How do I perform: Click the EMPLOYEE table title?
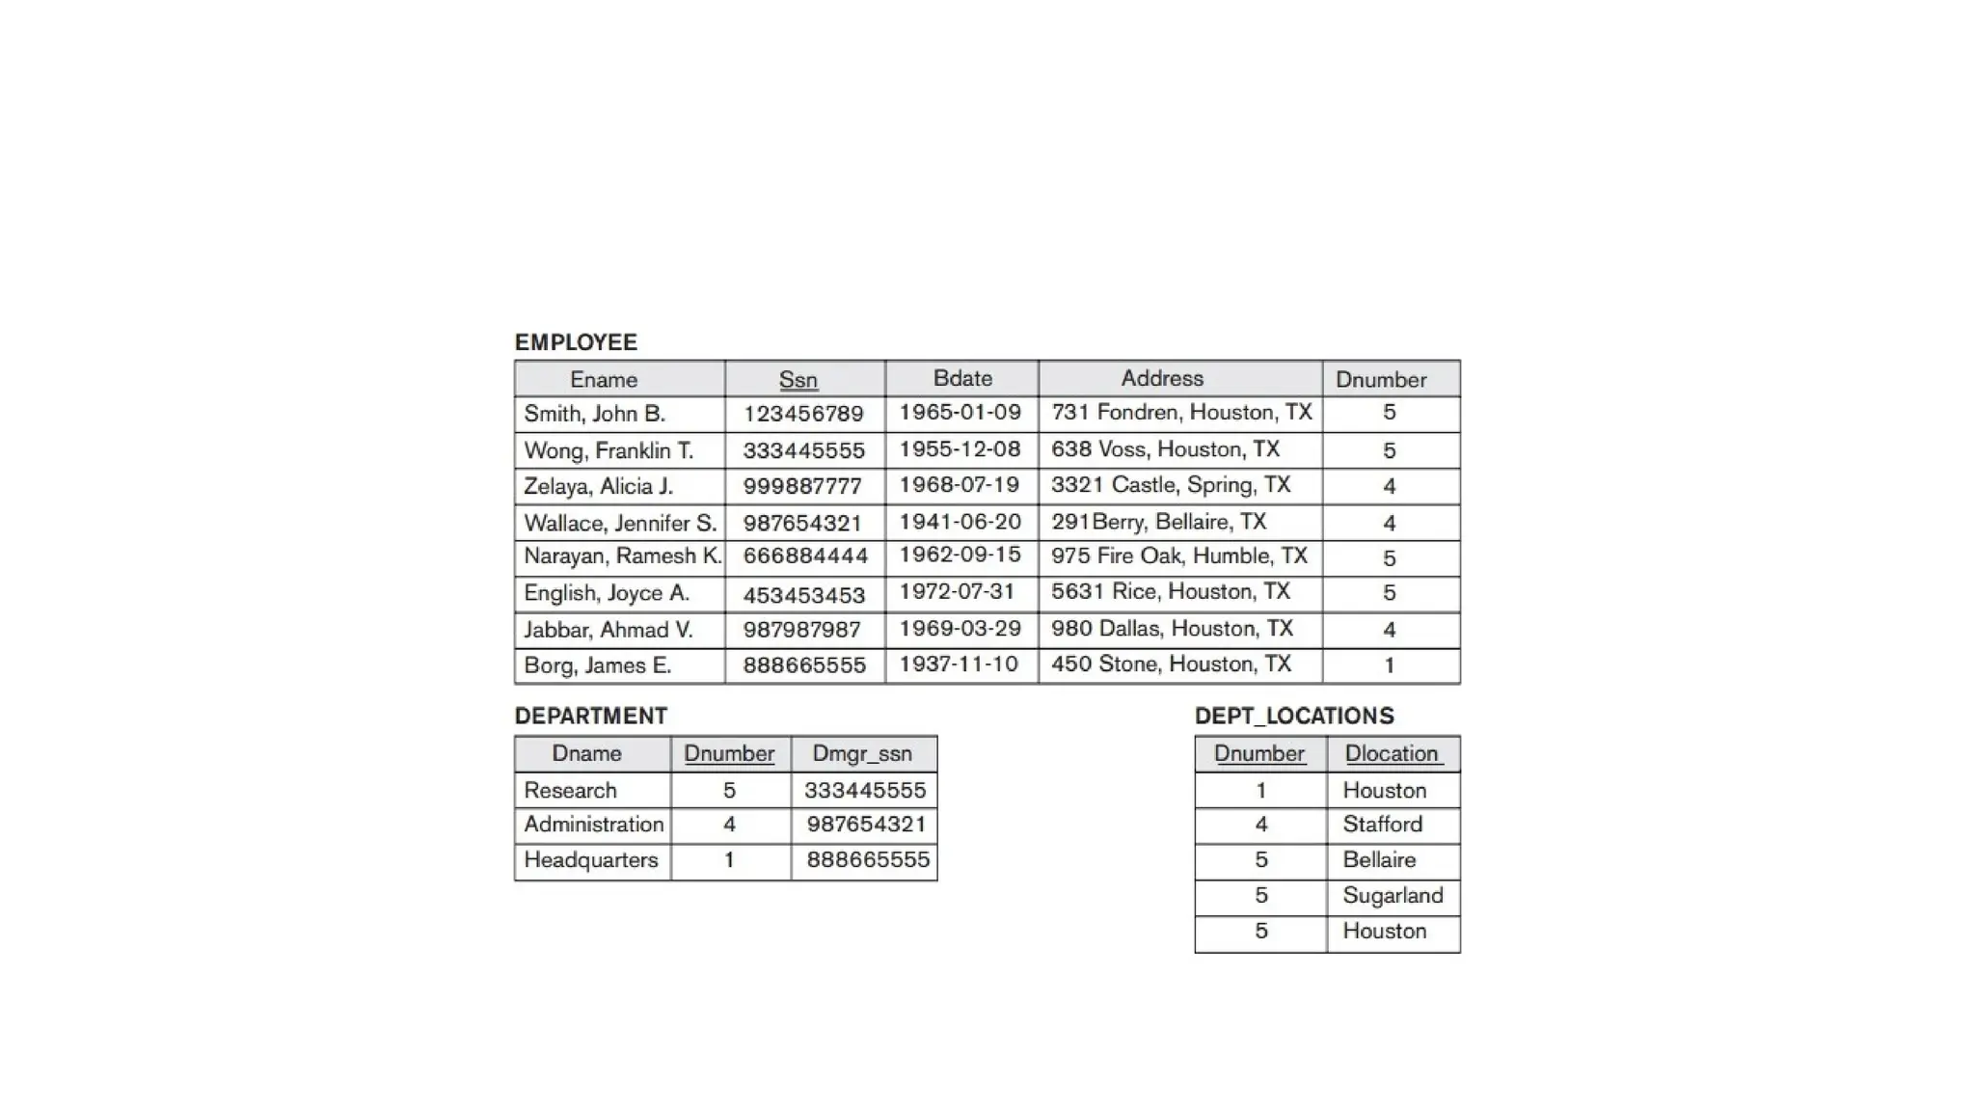click(x=576, y=342)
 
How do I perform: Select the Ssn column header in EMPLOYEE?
click(x=798, y=380)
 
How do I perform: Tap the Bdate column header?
click(x=962, y=378)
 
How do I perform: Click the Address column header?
click(x=1162, y=378)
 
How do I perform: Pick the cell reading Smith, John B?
click(x=595, y=414)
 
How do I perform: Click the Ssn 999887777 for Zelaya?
click(x=803, y=487)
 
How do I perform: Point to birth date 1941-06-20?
click(x=960, y=522)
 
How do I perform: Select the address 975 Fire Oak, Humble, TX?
click(x=1178, y=555)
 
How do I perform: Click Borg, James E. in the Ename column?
click(x=597, y=665)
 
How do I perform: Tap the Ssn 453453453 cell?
click(x=803, y=595)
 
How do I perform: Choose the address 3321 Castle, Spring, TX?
click(x=1170, y=484)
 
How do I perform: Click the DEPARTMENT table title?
click(x=590, y=716)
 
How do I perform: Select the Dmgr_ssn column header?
click(x=862, y=753)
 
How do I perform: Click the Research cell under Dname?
click(x=570, y=790)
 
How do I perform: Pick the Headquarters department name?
click(x=590, y=859)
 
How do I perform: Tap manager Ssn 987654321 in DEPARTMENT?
click(x=866, y=825)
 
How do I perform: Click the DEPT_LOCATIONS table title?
click(x=1294, y=716)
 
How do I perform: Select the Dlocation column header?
click(x=1392, y=753)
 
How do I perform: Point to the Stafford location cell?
click(x=1382, y=825)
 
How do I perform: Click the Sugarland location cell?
click(x=1393, y=895)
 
